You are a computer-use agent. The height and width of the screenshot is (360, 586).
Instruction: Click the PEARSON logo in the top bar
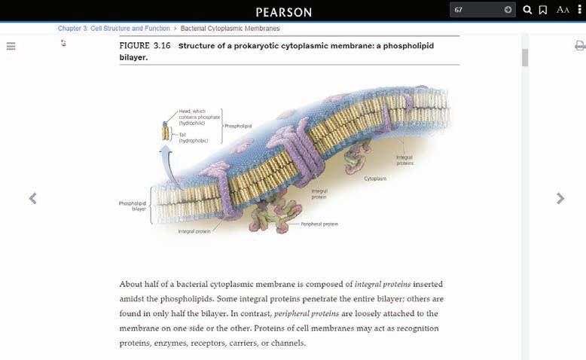(x=283, y=11)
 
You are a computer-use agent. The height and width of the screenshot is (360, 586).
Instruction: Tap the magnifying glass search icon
(x=527, y=10)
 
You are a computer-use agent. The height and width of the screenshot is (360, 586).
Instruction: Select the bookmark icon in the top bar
(x=543, y=10)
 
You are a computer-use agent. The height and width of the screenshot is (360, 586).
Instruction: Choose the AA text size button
(x=563, y=10)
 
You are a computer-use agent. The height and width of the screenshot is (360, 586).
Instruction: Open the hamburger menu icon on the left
(x=11, y=46)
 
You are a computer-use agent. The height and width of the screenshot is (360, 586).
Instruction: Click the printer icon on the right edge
(x=579, y=46)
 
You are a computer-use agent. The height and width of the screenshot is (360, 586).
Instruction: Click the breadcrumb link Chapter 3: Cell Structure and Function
(x=114, y=29)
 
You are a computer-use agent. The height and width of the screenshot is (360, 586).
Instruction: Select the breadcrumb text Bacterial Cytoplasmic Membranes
(x=230, y=29)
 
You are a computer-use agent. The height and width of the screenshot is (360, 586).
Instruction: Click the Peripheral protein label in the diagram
(x=319, y=224)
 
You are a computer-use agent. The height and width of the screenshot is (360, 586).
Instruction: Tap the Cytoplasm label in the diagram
(x=375, y=179)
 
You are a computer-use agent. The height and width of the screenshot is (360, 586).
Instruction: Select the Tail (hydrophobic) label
(x=188, y=137)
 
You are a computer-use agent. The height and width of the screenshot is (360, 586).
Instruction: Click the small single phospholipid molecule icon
(x=166, y=131)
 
